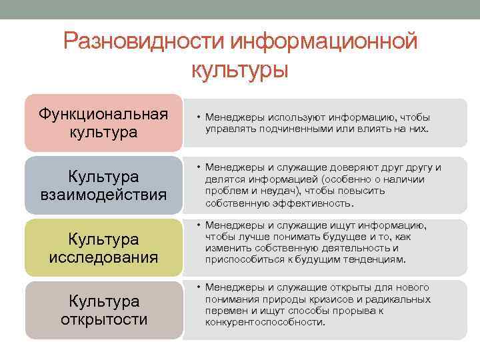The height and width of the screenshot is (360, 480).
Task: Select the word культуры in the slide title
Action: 240,69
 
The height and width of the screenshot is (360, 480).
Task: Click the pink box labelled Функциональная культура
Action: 103,122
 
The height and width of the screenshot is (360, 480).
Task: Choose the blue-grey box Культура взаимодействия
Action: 103,186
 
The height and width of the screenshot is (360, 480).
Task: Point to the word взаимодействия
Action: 103,195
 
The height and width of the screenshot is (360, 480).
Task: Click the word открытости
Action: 103,319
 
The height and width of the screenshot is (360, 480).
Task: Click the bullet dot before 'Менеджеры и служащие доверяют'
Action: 199,167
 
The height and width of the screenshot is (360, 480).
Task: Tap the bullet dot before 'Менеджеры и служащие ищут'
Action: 199,225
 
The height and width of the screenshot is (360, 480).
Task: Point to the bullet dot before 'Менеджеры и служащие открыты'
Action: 199,287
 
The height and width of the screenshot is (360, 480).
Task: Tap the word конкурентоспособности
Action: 265,322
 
